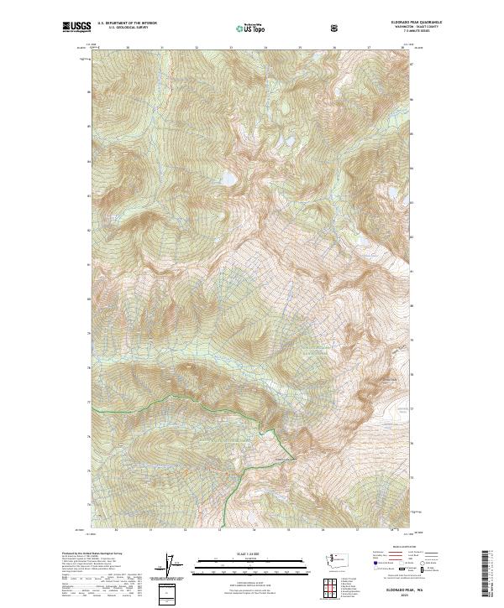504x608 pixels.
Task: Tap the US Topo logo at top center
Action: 245,28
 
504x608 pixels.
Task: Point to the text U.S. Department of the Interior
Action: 127,24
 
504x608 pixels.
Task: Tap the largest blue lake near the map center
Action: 227,178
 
